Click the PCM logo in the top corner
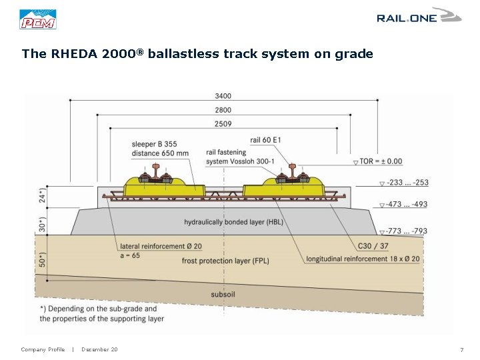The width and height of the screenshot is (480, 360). point(38,19)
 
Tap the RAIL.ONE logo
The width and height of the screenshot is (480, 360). point(418,16)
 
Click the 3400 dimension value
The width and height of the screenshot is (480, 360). point(223,96)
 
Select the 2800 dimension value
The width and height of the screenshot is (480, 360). point(223,110)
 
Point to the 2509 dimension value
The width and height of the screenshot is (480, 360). point(223,124)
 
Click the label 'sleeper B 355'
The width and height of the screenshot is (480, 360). point(155,144)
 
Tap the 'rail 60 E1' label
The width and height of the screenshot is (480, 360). point(267,140)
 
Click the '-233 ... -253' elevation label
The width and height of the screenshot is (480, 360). point(407,183)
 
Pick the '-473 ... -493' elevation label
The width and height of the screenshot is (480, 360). point(407,205)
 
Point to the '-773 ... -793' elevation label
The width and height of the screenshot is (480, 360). point(407,231)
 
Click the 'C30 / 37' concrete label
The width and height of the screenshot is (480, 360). point(374,246)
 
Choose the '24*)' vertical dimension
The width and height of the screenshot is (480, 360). point(43,195)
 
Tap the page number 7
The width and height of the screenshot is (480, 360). point(461,350)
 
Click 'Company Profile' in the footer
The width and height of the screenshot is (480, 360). point(43,350)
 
